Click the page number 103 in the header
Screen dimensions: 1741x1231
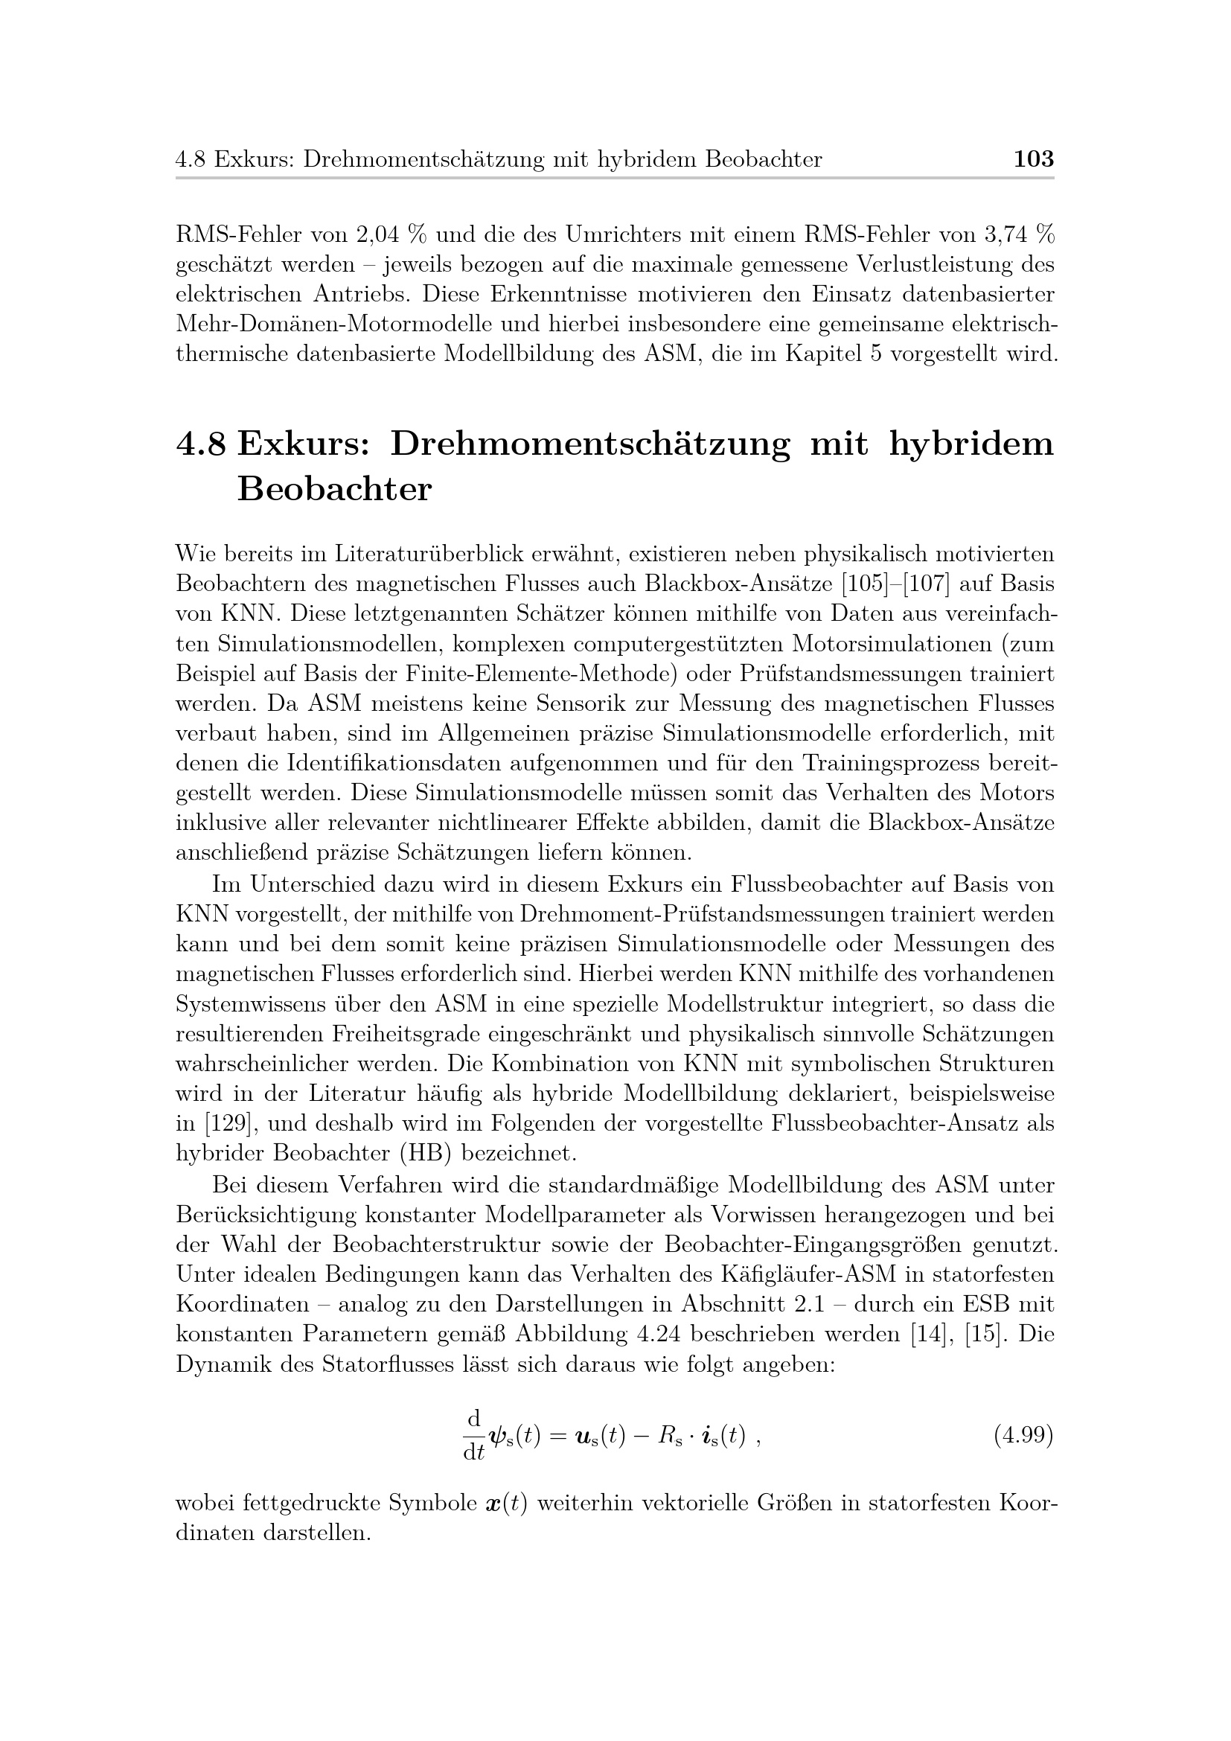coord(1033,159)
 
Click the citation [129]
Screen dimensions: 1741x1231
coord(219,1123)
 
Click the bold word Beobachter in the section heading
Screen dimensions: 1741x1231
coord(334,490)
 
